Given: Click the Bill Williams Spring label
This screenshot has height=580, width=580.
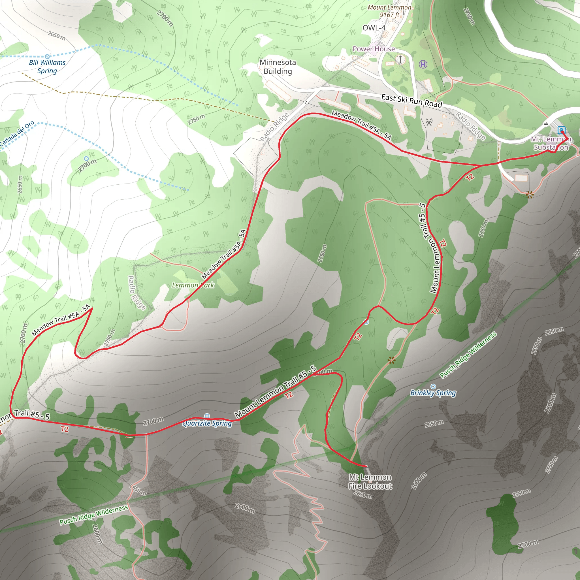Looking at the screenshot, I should point(47,67).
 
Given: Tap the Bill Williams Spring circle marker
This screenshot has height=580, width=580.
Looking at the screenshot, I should point(47,56).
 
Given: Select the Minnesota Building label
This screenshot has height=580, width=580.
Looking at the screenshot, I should point(278,67).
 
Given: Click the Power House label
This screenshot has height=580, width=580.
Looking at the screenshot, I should point(374,49).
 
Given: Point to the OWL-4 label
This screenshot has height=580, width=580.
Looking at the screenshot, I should point(374,28).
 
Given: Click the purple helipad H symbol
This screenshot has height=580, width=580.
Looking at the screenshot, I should point(423,64).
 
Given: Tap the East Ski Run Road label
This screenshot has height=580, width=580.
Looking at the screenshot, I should point(411,101).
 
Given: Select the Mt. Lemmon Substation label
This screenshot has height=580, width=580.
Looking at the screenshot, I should point(551,143).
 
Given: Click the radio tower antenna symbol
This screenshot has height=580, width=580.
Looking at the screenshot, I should point(429,121).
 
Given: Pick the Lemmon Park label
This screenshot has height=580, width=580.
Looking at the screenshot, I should point(193,285).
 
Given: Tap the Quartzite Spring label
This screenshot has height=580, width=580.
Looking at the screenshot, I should point(207,423).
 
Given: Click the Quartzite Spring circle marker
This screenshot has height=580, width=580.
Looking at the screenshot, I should point(207,416).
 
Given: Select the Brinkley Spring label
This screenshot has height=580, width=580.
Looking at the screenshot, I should point(433,393).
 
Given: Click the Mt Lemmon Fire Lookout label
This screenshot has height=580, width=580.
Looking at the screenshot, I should point(370,481).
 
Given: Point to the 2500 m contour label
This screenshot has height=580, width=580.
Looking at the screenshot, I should point(528,544).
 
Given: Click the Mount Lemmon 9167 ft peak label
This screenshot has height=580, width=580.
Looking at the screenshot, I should point(389,11).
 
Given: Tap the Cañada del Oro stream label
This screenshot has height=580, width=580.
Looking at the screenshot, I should point(16,134).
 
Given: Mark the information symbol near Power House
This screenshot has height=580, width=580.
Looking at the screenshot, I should point(400,59).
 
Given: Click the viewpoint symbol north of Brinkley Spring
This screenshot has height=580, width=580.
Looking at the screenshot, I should point(391,360).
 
